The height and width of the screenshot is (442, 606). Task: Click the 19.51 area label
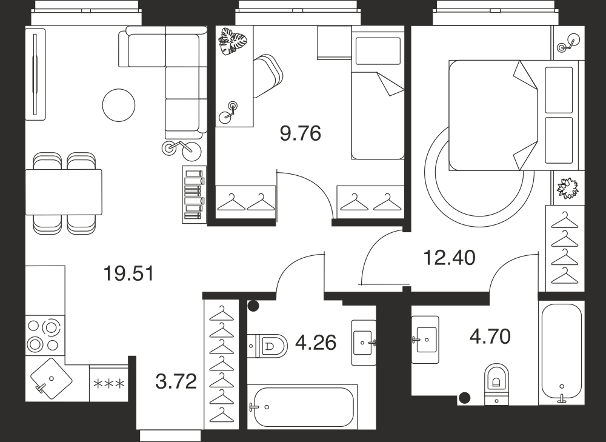click(128, 273)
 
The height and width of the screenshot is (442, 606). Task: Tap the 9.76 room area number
click(301, 134)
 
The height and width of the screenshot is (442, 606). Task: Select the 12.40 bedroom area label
click(450, 258)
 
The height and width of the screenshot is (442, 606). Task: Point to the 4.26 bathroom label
click(315, 343)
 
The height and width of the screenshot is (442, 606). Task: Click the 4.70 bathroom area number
click(490, 337)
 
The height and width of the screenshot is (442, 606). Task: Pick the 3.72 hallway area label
click(176, 382)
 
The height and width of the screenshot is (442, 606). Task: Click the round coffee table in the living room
click(119, 105)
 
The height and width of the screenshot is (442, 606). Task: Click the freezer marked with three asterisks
click(108, 383)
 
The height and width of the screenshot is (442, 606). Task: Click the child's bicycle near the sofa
click(182, 149)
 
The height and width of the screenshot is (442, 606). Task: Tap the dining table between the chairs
click(64, 192)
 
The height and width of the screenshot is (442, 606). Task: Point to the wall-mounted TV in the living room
click(35, 74)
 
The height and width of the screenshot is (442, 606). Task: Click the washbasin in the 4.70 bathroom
click(425, 340)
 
